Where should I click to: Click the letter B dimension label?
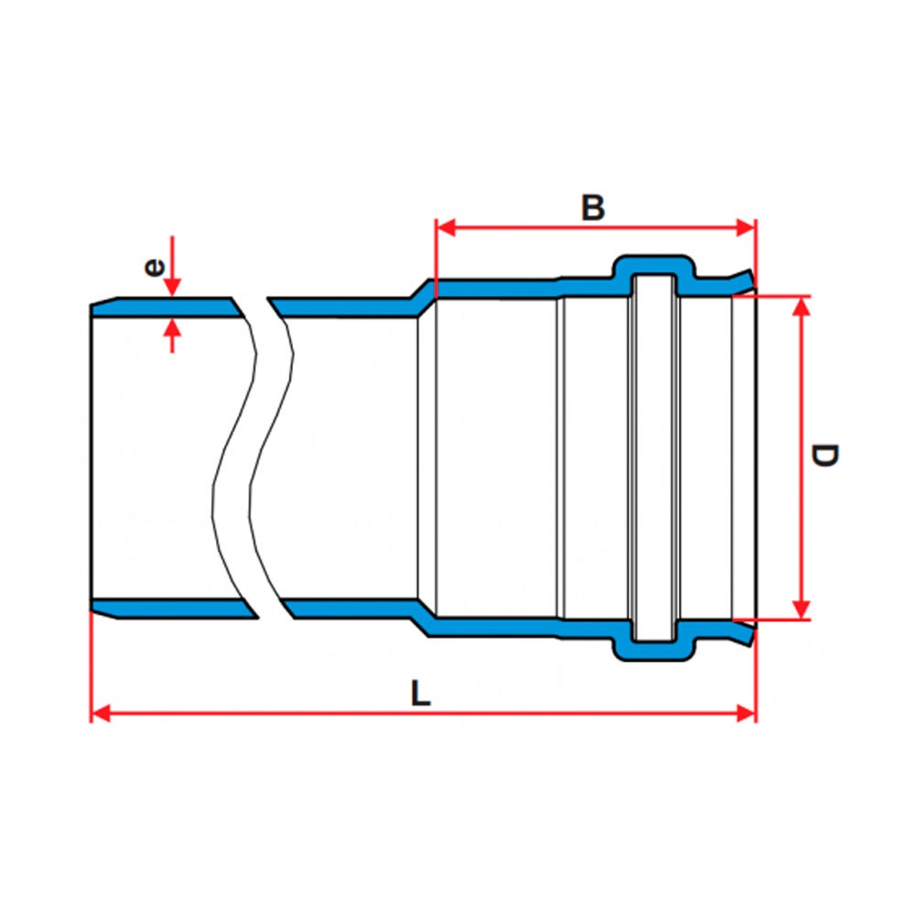click(593, 207)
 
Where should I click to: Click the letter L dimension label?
click(420, 694)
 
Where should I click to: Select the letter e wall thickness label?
click(155, 267)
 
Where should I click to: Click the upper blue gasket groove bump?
click(653, 265)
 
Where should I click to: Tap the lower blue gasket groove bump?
click(653, 649)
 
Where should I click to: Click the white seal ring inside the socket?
click(653, 457)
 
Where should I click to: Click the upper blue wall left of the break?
click(165, 307)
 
